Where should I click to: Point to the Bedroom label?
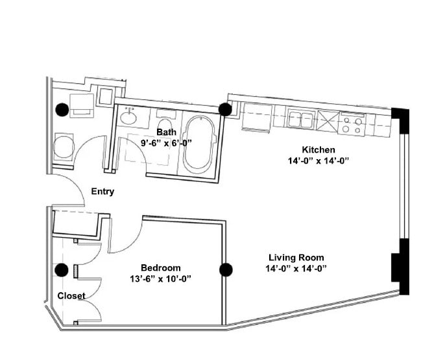(161, 268)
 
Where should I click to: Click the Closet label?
(71, 296)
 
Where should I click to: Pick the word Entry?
(103, 192)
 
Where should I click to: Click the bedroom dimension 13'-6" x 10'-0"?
(161, 279)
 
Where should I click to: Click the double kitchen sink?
(302, 120)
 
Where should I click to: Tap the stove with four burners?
(353, 123)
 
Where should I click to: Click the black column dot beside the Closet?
(62, 270)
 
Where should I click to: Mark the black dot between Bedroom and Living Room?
(226, 269)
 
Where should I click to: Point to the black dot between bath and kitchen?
(225, 109)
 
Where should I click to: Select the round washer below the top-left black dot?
(63, 147)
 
